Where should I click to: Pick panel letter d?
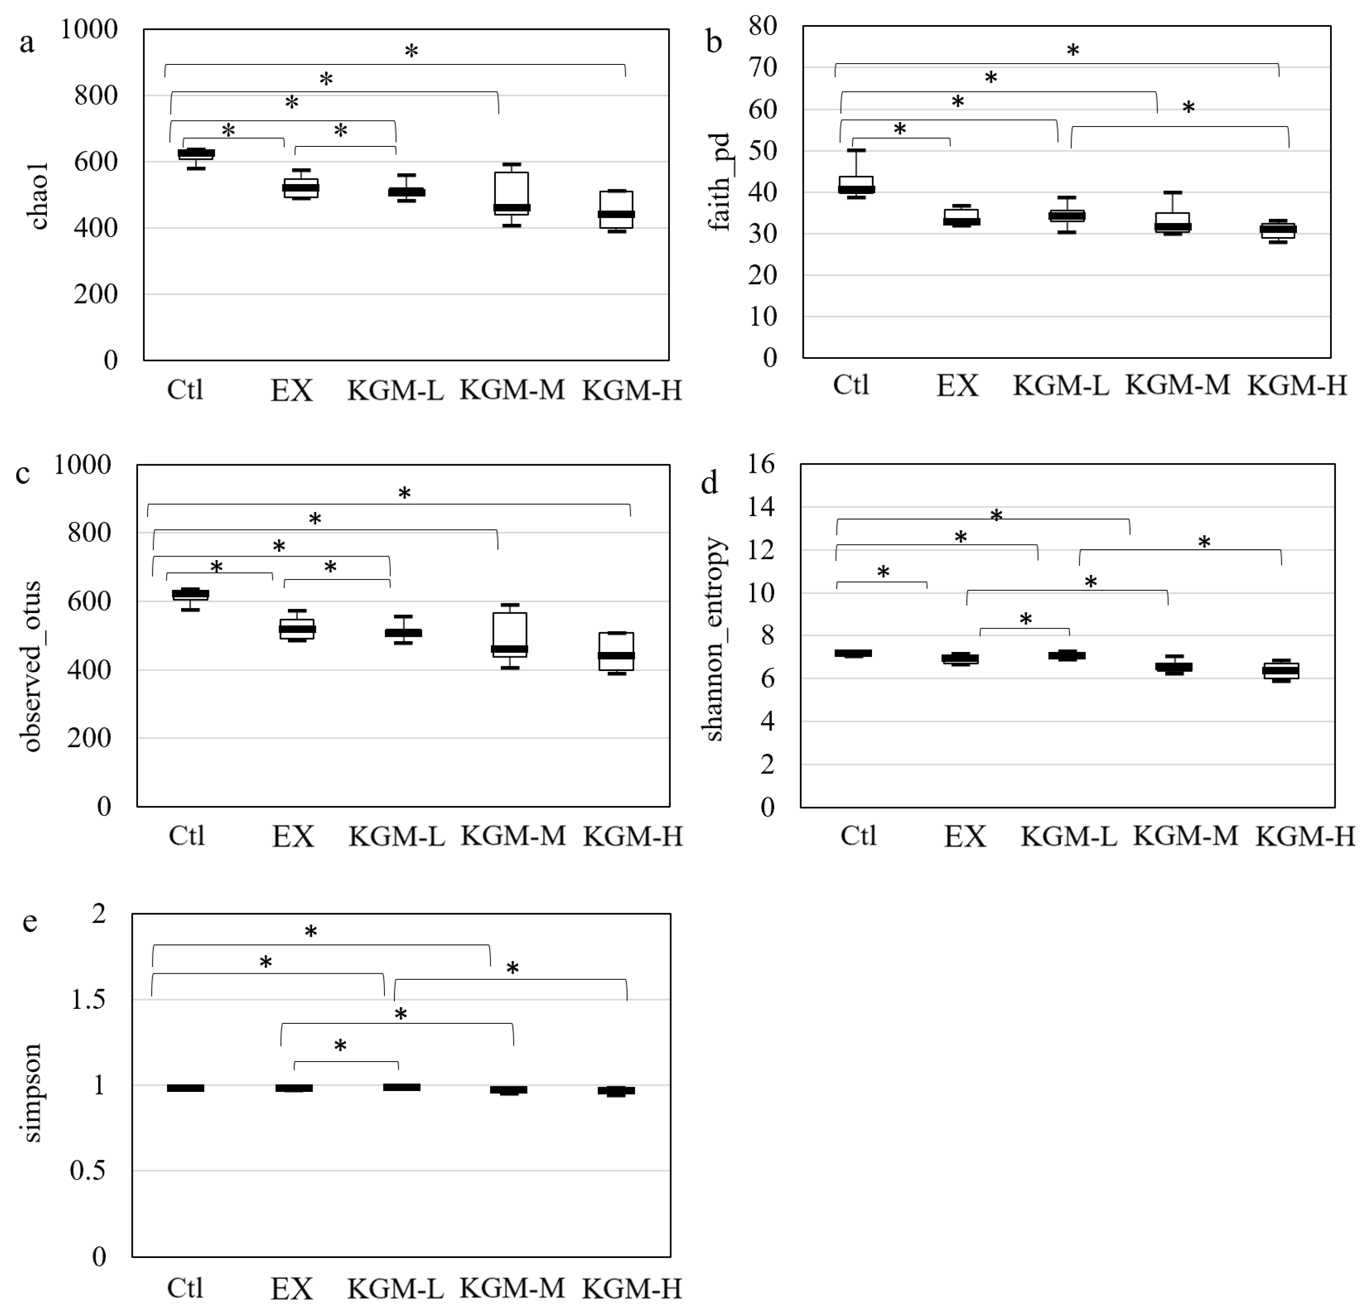[709, 483]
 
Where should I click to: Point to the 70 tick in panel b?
[763, 68]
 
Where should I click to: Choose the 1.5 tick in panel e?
[88, 999]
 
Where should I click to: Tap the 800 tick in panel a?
[96, 95]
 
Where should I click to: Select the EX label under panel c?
[293, 836]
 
